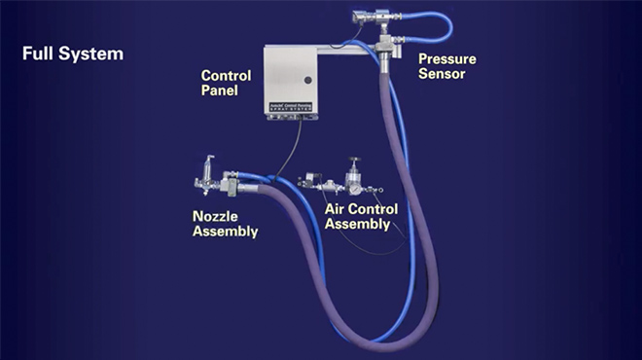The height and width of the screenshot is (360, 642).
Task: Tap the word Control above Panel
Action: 226,76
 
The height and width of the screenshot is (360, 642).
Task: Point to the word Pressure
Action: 447,59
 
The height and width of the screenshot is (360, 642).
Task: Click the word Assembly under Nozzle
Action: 225,232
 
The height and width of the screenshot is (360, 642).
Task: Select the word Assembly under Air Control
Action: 357,224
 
